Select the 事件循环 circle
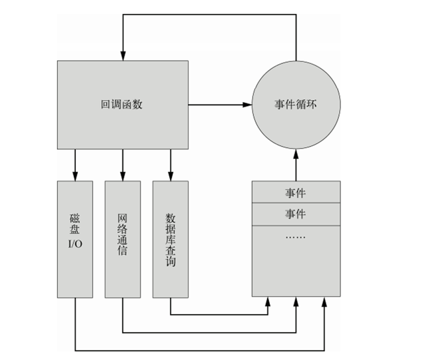[296, 105]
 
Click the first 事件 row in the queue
[296, 193]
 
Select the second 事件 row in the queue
[296, 213]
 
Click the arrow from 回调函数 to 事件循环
[220, 105]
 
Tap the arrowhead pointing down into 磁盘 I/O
[75, 176]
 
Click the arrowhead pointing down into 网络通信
[123, 176]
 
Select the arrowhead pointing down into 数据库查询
[171, 176]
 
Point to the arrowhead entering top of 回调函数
[123, 55]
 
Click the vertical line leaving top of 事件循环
[296, 40]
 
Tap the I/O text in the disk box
[75, 243]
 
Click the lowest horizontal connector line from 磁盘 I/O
[200, 349]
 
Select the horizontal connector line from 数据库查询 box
[220, 314]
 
